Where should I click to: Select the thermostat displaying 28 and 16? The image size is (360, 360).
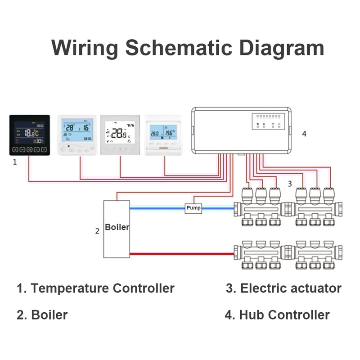(78, 135)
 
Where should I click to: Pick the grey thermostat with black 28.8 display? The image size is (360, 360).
(120, 135)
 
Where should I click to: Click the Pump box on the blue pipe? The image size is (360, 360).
(193, 208)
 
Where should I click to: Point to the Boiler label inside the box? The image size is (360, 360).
(117, 227)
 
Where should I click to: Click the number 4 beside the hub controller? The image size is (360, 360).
(304, 134)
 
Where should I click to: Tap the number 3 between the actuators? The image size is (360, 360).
(290, 184)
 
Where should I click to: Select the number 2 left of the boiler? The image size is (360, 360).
(97, 231)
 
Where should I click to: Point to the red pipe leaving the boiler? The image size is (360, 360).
(180, 254)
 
